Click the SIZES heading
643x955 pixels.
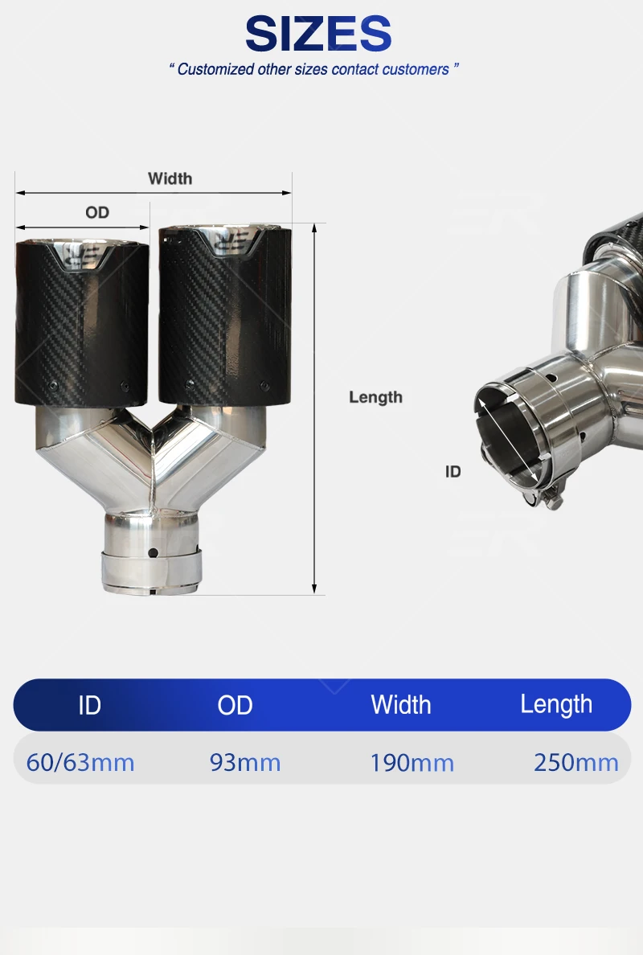coord(317,34)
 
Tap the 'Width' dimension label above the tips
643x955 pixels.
coord(170,178)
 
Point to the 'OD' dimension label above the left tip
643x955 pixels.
coord(97,212)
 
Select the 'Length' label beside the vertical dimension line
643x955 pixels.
coord(375,397)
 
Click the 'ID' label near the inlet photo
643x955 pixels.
coord(453,471)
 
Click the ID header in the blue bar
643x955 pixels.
coord(89,705)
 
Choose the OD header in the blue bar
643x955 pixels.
coord(235,705)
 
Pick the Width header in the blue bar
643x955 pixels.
coord(400,705)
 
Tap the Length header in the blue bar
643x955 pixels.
coord(556,705)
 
